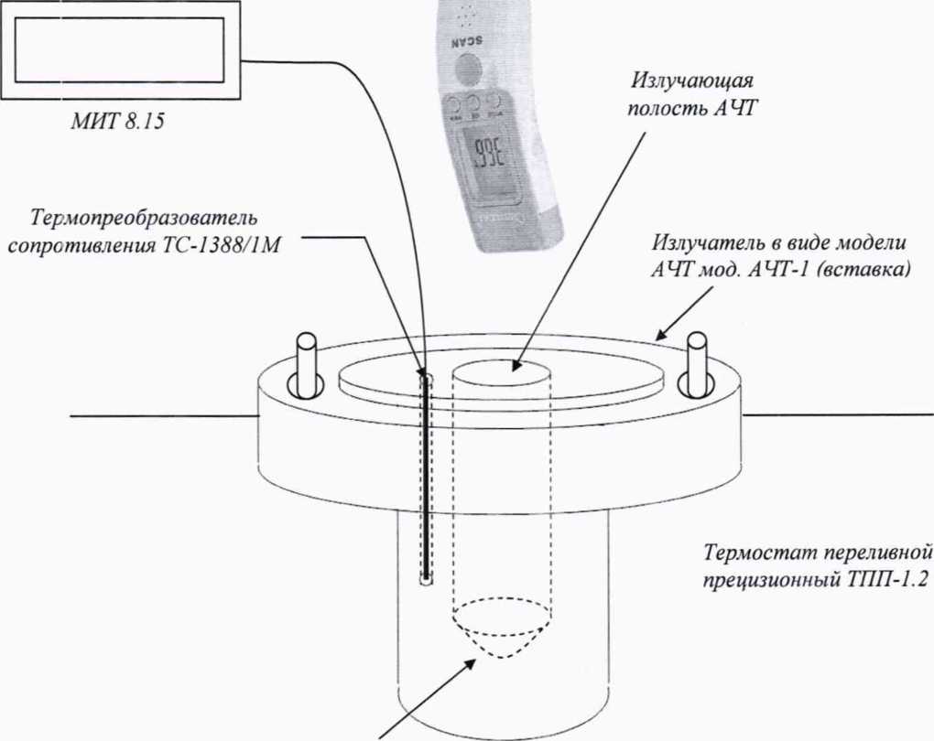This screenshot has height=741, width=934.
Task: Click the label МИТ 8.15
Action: pyautogui.click(x=117, y=122)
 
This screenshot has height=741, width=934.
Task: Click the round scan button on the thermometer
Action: pyautogui.click(x=468, y=69)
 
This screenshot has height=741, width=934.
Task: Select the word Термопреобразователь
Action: pyautogui.click(x=144, y=219)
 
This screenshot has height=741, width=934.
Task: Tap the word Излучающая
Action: pyautogui.click(x=693, y=81)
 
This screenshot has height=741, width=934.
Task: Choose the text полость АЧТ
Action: pyautogui.click(x=691, y=109)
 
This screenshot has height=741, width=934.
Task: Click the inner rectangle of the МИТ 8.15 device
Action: pyautogui.click(x=119, y=50)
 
